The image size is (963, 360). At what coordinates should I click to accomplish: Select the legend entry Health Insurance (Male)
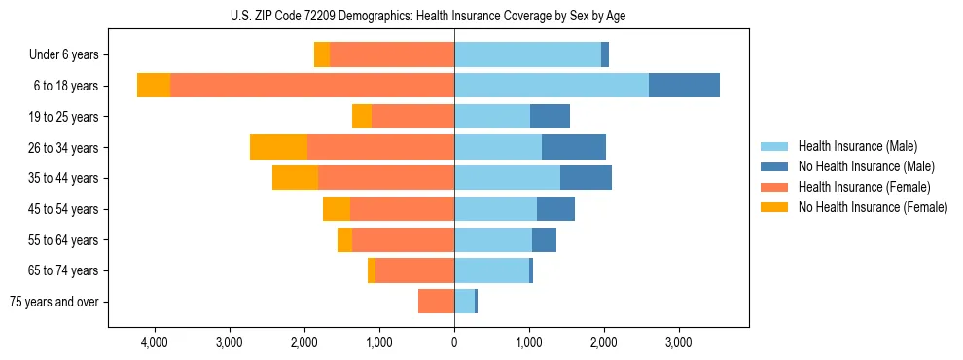857,146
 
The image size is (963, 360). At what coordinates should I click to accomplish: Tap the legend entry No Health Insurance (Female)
873,207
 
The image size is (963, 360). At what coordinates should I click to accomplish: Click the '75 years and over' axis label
54,302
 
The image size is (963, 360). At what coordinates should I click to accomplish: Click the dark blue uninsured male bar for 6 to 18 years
684,86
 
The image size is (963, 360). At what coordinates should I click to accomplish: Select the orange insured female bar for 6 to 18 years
311,86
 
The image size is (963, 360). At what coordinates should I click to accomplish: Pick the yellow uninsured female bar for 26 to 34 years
278,147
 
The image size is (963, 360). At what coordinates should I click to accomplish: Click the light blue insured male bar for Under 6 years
527,54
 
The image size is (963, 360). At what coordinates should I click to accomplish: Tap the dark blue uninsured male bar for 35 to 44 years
586,178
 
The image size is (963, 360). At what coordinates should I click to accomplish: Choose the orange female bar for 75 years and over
436,302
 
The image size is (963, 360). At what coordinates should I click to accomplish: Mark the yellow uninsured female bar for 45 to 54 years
337,209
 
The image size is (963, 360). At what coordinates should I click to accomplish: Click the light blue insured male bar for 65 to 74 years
491,270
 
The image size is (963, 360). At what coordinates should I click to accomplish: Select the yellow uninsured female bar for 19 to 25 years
362,117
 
